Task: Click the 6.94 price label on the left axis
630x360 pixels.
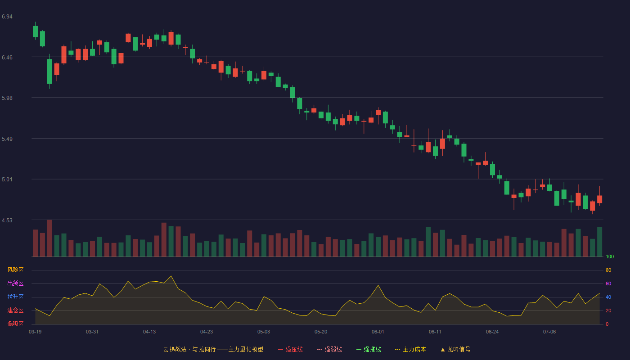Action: pyautogui.click(x=7, y=17)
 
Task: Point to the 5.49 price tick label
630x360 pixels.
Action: pyautogui.click(x=7, y=139)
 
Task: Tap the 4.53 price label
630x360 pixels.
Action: pyautogui.click(x=7, y=220)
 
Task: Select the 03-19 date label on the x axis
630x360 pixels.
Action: pyautogui.click(x=35, y=332)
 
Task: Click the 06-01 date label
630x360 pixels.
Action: pyautogui.click(x=378, y=332)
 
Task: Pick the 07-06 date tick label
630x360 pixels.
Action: pyautogui.click(x=549, y=332)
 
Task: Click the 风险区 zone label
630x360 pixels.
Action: pyautogui.click(x=15, y=270)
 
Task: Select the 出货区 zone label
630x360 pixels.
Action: pyautogui.click(x=15, y=283)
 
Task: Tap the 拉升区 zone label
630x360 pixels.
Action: pyautogui.click(x=15, y=297)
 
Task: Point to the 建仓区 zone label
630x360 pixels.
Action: pyautogui.click(x=15, y=310)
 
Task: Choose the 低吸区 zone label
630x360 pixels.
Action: pyautogui.click(x=15, y=324)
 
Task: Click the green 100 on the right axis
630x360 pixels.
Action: pyautogui.click(x=610, y=256)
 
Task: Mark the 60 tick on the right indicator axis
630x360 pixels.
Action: pyautogui.click(x=608, y=283)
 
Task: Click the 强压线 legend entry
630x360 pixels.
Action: pyautogui.click(x=290, y=349)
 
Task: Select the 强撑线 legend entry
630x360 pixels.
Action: pyautogui.click(x=369, y=349)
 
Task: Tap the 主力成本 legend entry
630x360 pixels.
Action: pyautogui.click(x=410, y=349)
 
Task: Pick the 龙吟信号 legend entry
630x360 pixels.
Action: pyautogui.click(x=455, y=349)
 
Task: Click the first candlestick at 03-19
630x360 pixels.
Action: pyautogui.click(x=35, y=31)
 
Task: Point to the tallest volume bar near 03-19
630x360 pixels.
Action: pyautogui.click(x=49, y=238)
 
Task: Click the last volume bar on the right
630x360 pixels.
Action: pyautogui.click(x=599, y=242)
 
